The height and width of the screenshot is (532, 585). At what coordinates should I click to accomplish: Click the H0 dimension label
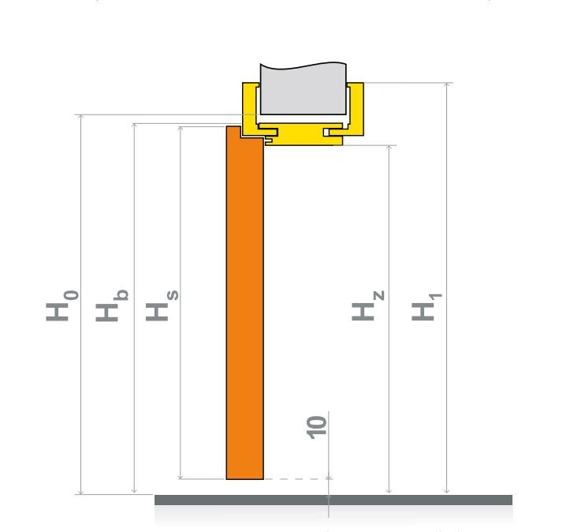[62, 305]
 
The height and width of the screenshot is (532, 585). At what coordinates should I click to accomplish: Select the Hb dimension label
[112, 305]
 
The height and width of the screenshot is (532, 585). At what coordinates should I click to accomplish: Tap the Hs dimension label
[162, 305]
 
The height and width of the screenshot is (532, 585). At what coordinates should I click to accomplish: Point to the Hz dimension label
[368, 305]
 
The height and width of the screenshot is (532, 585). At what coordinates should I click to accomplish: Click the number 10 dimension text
[316, 427]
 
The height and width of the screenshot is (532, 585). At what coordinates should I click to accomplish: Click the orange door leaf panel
[244, 302]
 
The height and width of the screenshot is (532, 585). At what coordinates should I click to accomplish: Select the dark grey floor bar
[333, 500]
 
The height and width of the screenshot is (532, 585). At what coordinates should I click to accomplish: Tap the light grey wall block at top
[304, 89]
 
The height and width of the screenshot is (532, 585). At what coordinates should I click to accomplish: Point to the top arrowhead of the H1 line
[447, 84]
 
